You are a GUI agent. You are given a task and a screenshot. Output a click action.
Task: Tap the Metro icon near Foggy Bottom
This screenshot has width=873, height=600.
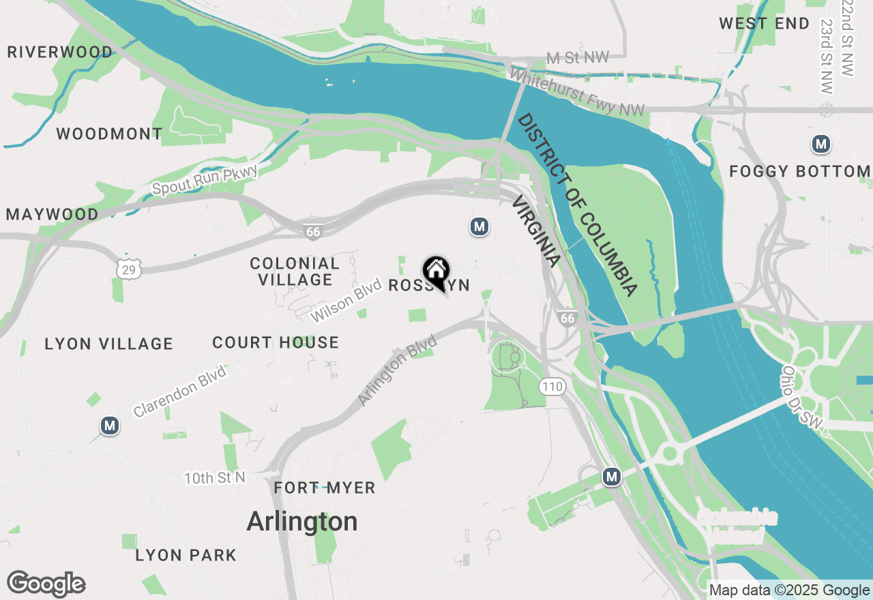(x=821, y=145)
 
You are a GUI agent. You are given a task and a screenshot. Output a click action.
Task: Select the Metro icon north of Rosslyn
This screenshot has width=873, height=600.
(x=479, y=226)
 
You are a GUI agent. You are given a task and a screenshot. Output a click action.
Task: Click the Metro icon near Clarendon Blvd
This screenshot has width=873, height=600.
(x=109, y=426)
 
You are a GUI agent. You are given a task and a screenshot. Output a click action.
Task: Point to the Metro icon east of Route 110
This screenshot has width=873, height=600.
(x=612, y=477)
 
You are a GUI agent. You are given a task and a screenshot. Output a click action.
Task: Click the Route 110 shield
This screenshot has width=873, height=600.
(x=552, y=387)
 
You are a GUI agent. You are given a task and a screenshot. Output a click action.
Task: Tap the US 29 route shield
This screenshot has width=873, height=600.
(x=128, y=270)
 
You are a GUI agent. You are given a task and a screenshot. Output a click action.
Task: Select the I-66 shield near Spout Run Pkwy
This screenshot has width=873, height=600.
(x=313, y=232)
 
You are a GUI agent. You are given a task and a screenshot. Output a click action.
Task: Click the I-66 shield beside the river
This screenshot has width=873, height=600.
(x=567, y=317)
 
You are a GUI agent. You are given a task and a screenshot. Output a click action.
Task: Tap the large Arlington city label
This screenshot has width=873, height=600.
(x=301, y=522)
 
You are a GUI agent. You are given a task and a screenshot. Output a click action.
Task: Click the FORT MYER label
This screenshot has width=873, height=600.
(x=324, y=488)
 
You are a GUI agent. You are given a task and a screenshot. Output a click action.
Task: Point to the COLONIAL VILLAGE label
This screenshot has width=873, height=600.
(x=295, y=271)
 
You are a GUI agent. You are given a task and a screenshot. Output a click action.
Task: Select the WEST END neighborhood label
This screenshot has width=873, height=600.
(x=764, y=24)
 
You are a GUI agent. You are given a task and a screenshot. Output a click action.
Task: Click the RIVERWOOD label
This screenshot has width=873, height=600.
(x=60, y=52)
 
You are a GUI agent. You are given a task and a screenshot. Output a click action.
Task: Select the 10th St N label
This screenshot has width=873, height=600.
(x=214, y=478)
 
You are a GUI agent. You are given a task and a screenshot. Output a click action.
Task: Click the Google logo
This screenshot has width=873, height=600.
(x=46, y=584)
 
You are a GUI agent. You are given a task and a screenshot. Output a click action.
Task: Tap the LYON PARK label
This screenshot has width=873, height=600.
(x=186, y=556)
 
